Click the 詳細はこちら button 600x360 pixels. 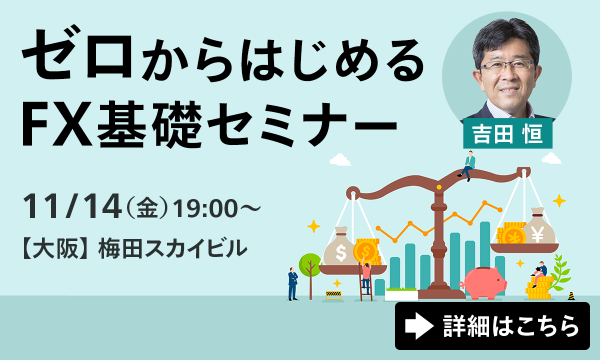point(492,326)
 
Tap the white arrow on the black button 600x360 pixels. point(419,326)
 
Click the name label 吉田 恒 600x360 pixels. point(508,133)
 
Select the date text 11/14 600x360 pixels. point(72,206)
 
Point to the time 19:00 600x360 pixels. point(205,208)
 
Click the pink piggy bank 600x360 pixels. point(483,282)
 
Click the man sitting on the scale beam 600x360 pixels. point(467,166)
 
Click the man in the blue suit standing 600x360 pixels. point(293,283)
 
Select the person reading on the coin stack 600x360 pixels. point(539,274)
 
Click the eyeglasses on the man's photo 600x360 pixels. point(507,66)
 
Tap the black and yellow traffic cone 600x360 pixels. point(571,296)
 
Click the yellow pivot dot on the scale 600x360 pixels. point(439,187)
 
